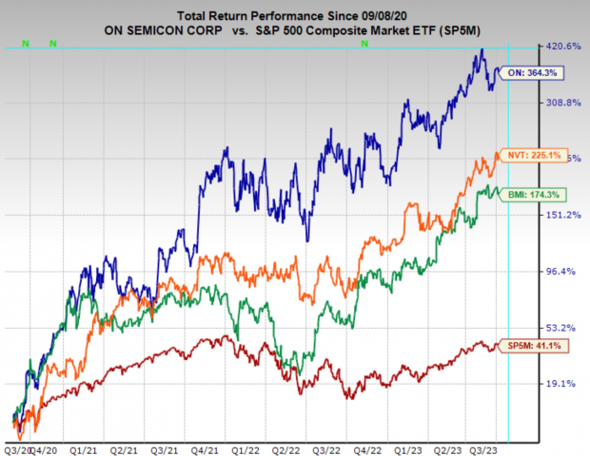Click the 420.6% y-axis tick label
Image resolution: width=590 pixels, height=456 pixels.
click(x=560, y=47)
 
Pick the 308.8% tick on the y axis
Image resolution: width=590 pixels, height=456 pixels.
click(x=560, y=103)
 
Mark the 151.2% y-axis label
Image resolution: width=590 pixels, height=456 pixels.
click(x=560, y=215)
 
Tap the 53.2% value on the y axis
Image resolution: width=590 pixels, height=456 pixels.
click(x=560, y=328)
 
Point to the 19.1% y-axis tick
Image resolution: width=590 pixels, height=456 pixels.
click(x=560, y=384)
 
